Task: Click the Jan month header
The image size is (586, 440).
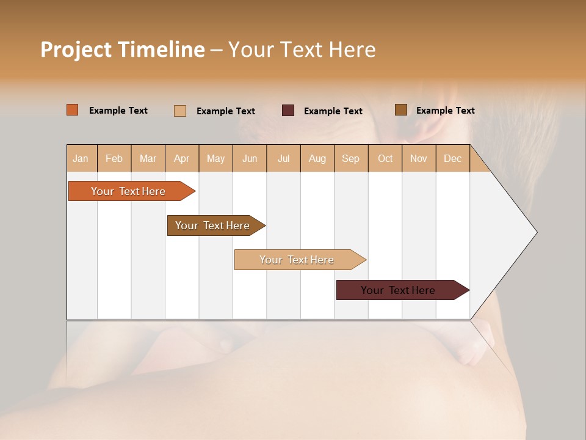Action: click(x=81, y=158)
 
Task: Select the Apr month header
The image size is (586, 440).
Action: click(x=182, y=158)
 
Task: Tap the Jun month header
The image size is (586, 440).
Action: click(x=250, y=158)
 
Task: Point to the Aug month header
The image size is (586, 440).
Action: click(x=317, y=158)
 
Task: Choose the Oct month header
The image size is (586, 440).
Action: click(x=385, y=158)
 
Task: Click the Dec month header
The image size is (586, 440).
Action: click(x=453, y=158)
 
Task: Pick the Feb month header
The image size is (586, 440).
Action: click(x=114, y=158)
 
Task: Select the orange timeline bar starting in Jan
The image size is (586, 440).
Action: click(x=128, y=191)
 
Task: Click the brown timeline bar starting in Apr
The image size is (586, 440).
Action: click(x=213, y=226)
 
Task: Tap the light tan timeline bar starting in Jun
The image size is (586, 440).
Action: click(x=297, y=260)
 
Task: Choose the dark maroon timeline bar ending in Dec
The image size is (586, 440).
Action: click(x=399, y=290)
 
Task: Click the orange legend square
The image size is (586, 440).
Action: click(x=73, y=110)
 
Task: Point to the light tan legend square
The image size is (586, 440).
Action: click(x=180, y=111)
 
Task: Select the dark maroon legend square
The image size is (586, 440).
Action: click(x=288, y=111)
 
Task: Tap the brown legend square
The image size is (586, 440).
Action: click(x=401, y=110)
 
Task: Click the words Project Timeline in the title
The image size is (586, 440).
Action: click(x=122, y=50)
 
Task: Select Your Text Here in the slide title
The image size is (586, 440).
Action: click(x=302, y=50)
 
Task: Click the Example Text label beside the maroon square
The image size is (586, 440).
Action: click(x=333, y=111)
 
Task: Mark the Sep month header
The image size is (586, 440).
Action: click(x=351, y=158)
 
